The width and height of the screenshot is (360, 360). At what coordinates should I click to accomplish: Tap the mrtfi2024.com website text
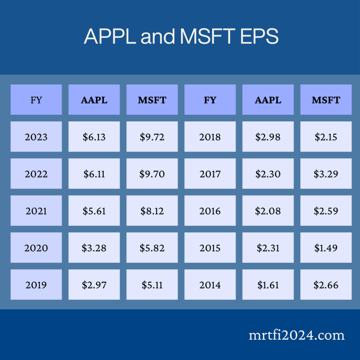pyautogui.click(x=296, y=335)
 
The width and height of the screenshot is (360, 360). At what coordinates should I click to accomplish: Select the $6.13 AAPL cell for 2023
pyautogui.click(x=94, y=137)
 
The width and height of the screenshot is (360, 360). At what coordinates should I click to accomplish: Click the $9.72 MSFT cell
pyautogui.click(x=152, y=137)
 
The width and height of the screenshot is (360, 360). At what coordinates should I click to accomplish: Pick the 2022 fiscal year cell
pyautogui.click(x=36, y=174)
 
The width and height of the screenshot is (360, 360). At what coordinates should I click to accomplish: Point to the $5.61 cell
pyautogui.click(x=94, y=211)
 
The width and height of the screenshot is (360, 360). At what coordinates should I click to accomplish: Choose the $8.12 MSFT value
pyautogui.click(x=152, y=211)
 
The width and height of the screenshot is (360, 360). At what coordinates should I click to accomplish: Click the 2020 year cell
pyautogui.click(x=36, y=248)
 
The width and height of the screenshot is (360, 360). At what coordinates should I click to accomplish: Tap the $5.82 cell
pyautogui.click(x=152, y=248)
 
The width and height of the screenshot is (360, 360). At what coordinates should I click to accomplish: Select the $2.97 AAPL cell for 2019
pyautogui.click(x=94, y=285)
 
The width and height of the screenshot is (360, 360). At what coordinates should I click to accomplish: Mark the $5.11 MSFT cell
pyautogui.click(x=152, y=285)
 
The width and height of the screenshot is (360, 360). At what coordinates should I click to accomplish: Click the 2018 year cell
pyautogui.click(x=210, y=137)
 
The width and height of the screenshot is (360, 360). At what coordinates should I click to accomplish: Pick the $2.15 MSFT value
pyautogui.click(x=326, y=137)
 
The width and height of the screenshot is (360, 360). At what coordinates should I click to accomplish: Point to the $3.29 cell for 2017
pyautogui.click(x=326, y=174)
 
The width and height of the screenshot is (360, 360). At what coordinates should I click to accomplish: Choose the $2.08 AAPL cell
pyautogui.click(x=268, y=211)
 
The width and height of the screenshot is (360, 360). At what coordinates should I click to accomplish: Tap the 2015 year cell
pyautogui.click(x=210, y=248)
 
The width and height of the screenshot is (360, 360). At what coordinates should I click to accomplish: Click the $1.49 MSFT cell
pyautogui.click(x=326, y=248)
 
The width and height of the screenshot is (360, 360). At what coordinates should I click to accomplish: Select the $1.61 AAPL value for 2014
pyautogui.click(x=268, y=285)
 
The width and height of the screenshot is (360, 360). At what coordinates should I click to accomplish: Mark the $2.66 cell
pyautogui.click(x=326, y=285)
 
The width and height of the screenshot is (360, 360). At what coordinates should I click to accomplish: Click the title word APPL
pyautogui.click(x=110, y=36)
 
